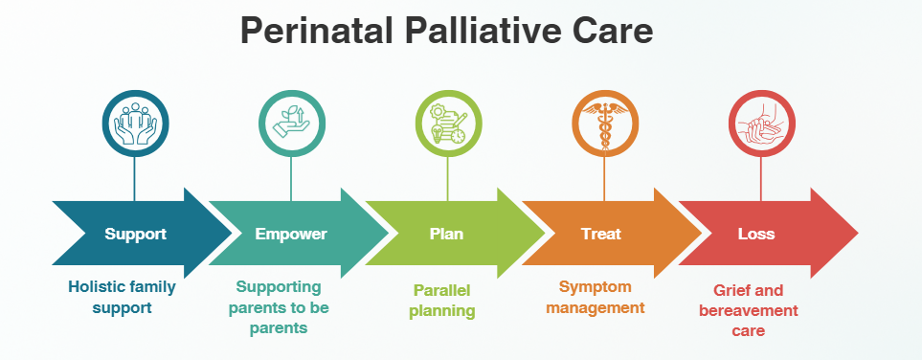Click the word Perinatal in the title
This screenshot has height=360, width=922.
point(316,31)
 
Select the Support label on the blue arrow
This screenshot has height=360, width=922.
point(136,235)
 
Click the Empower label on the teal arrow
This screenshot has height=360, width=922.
point(291,235)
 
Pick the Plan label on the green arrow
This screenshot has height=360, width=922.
point(446,235)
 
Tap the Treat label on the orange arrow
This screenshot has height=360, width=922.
point(601,235)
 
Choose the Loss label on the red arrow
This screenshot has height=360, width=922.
point(756,235)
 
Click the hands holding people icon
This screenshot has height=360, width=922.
point(136,124)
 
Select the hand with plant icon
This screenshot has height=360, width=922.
point(292,123)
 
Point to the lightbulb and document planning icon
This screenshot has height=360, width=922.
point(448,124)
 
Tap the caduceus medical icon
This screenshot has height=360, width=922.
point(604,125)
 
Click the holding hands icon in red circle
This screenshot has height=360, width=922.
point(761,124)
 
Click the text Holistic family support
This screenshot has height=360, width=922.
point(122,297)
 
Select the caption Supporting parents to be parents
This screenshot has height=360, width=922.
point(279,307)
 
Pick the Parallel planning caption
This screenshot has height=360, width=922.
point(442,301)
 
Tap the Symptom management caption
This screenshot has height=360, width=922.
point(596,297)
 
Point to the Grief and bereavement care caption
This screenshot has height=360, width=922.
point(749,310)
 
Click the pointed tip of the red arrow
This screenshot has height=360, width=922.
point(858,233)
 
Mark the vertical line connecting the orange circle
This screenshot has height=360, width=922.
point(604,179)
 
